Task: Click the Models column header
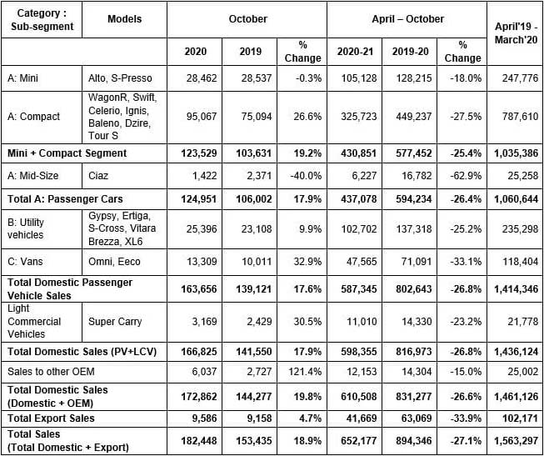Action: [125, 19]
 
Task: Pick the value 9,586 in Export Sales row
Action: [197, 418]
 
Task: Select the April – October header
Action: [407, 19]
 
